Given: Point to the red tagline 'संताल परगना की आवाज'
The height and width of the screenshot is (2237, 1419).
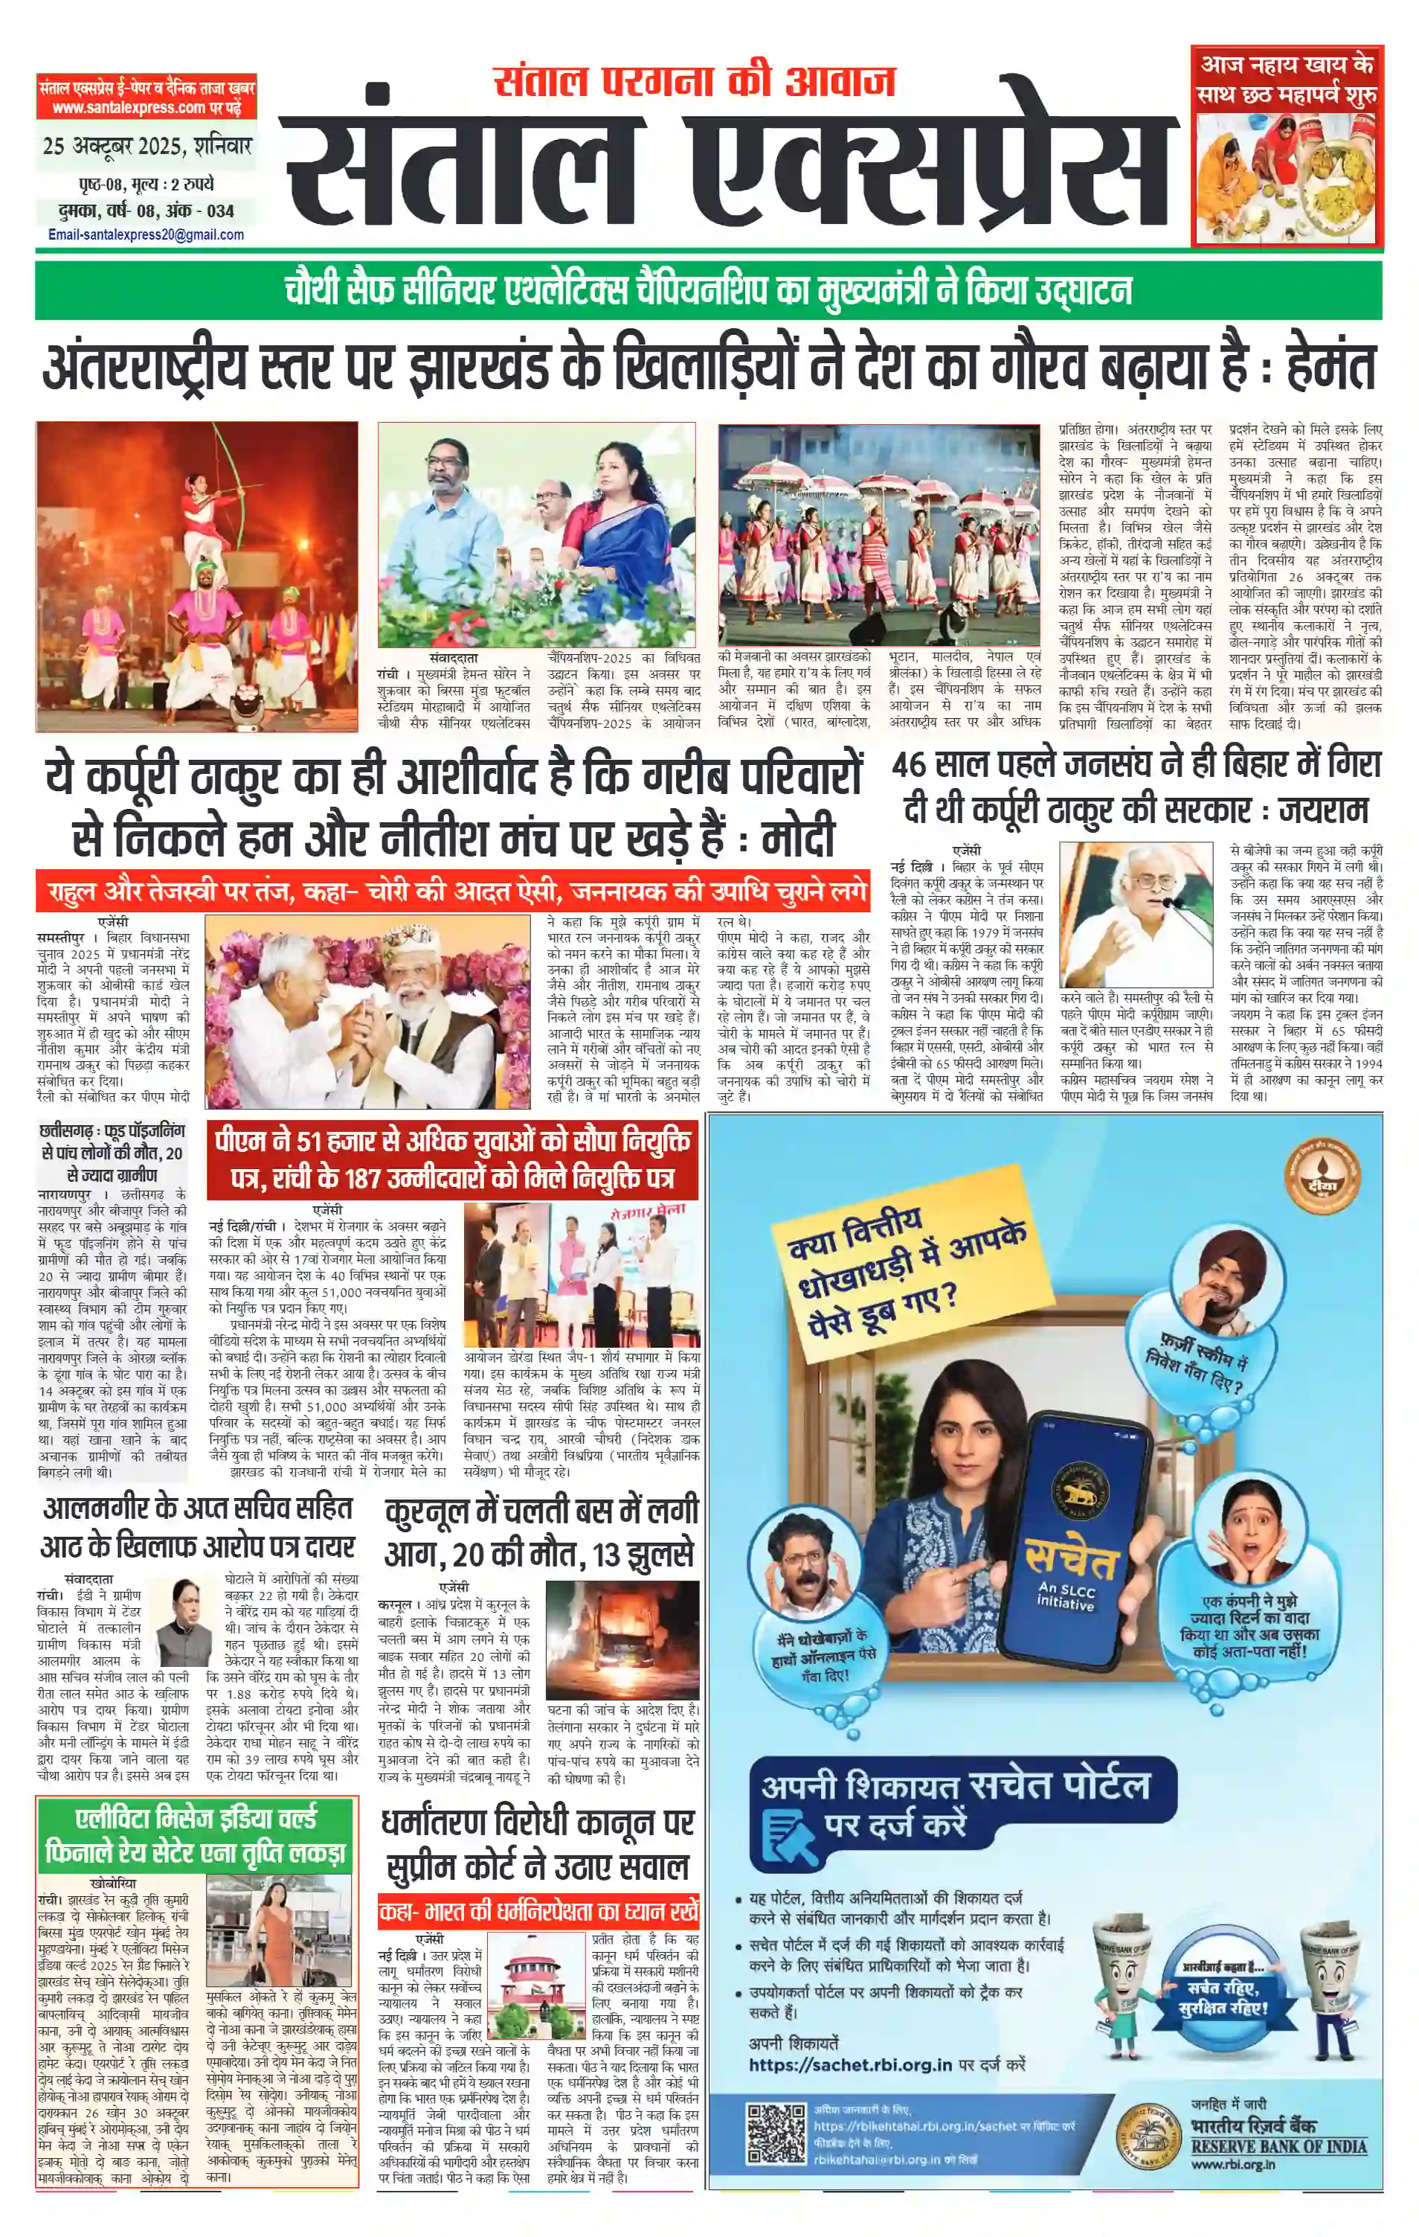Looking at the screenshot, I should coord(695,82).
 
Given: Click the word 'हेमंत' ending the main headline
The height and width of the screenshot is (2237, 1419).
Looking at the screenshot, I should coord(1330,367).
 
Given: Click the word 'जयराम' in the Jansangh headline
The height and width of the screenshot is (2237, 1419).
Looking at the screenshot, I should coord(1322,811).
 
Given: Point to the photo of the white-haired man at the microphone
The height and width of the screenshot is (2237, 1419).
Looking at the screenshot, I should coord(1136,914).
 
